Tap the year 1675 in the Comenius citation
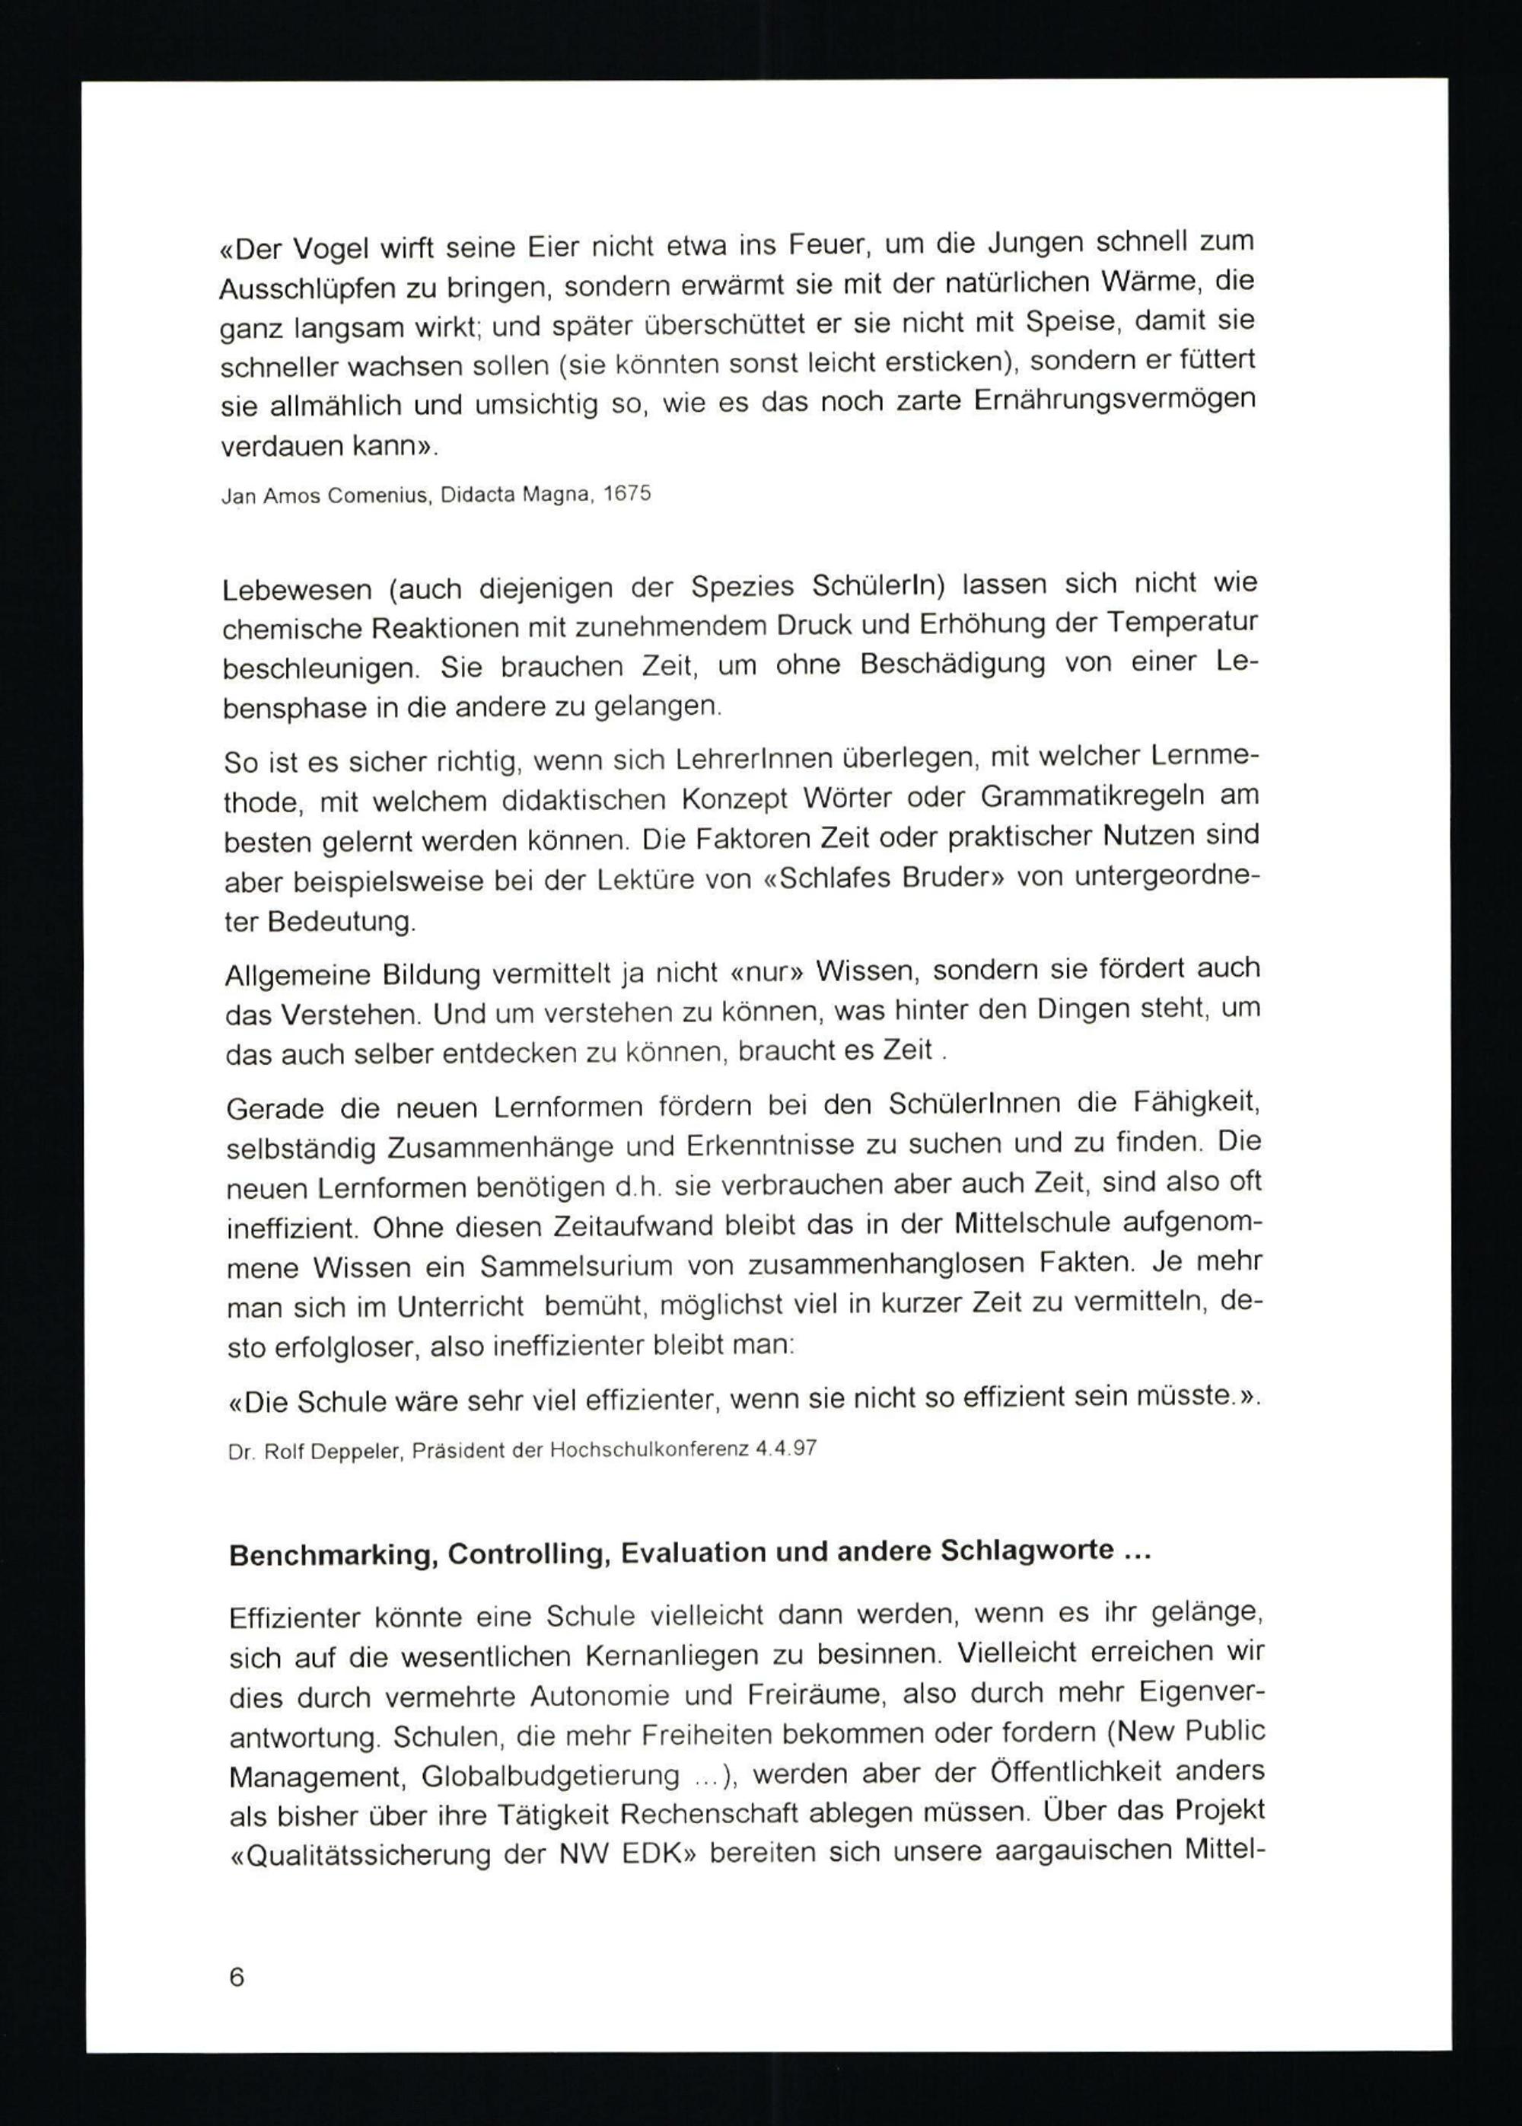point(627,493)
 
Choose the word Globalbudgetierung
point(550,1775)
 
